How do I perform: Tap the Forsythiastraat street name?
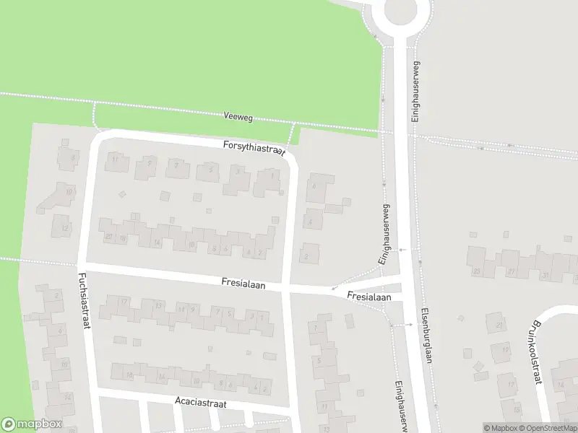[x=254, y=147]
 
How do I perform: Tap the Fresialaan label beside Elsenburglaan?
[x=368, y=297]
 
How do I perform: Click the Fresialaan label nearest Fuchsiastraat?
[x=243, y=285]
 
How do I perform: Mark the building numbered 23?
[x=476, y=271]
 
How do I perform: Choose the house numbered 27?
[x=512, y=271]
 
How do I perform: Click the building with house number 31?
[x=546, y=276]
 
